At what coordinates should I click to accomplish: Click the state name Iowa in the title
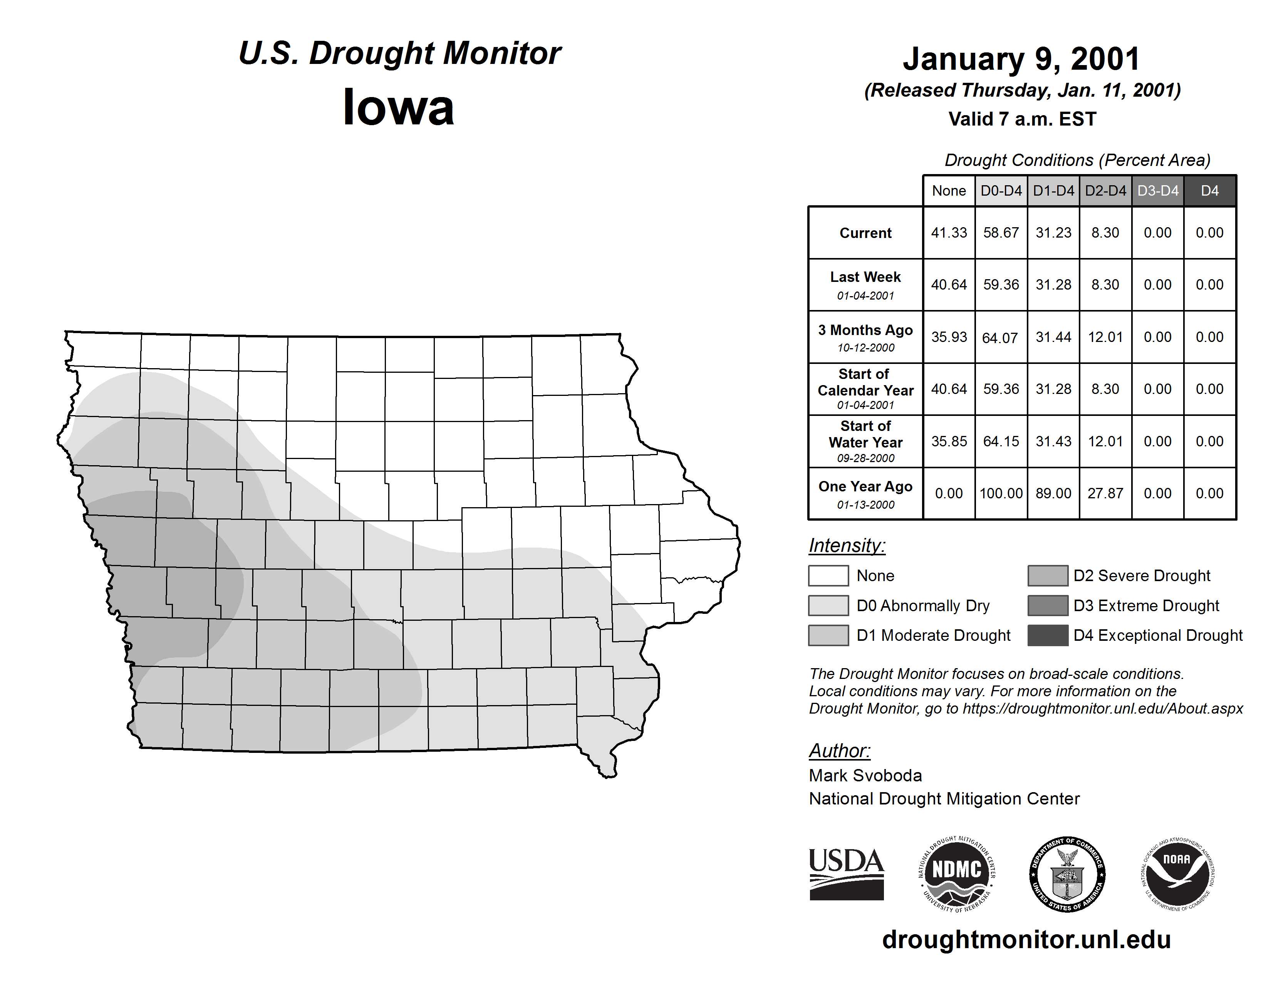(x=398, y=107)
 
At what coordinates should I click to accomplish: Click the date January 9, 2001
(x=1021, y=59)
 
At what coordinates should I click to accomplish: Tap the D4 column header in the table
(x=1209, y=191)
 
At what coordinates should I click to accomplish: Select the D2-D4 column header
(x=1105, y=191)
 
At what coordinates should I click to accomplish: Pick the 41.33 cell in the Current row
(x=949, y=233)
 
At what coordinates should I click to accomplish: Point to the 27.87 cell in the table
(x=1105, y=493)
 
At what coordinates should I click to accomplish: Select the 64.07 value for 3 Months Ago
(x=1000, y=337)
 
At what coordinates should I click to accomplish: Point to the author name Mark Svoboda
(x=865, y=776)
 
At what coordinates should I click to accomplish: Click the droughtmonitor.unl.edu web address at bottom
(x=1026, y=940)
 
